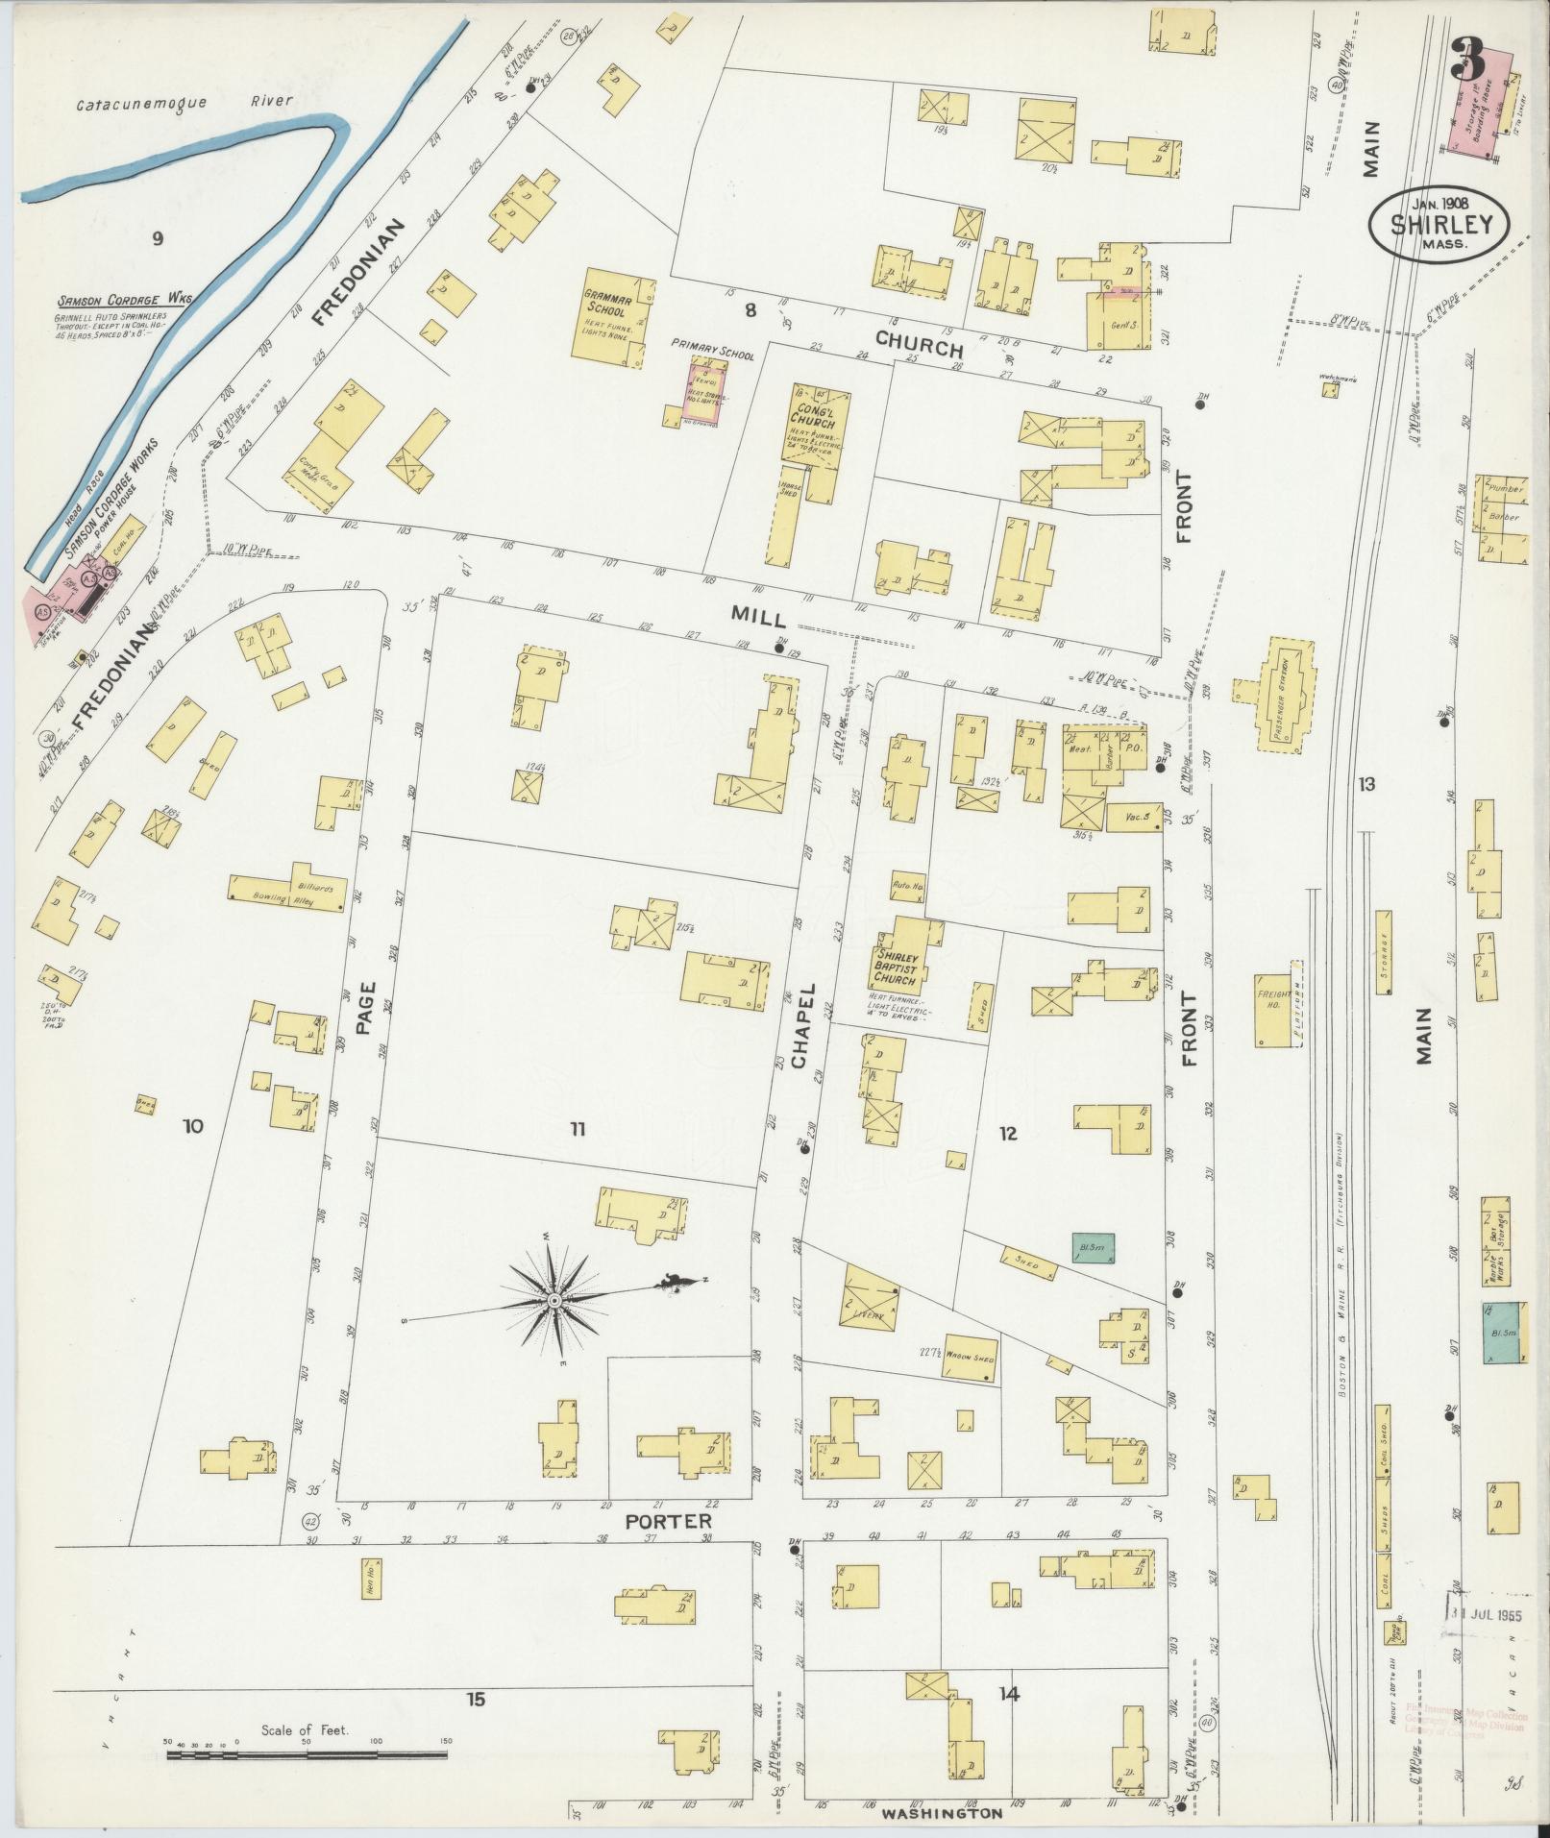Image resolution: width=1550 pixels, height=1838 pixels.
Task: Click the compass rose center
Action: (554, 1300)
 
